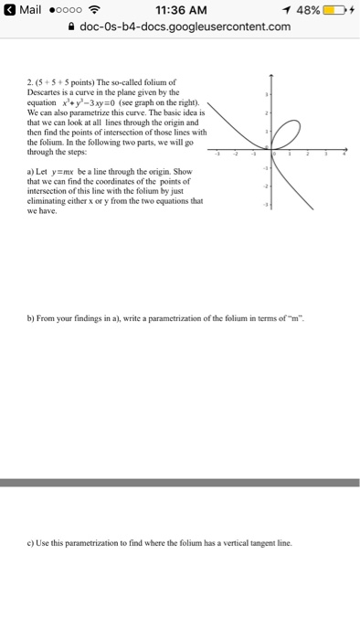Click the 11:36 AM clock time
[x=179, y=10]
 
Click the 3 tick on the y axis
[x=267, y=93]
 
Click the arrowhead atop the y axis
[x=271, y=72]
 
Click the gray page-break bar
[x=180, y=482]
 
